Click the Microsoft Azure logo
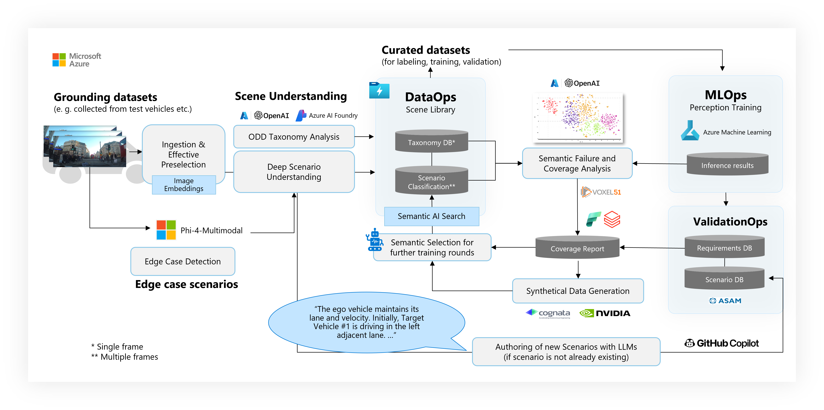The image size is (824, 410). (x=77, y=60)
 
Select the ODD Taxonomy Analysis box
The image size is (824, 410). (x=294, y=137)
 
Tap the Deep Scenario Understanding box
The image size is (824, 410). (x=294, y=172)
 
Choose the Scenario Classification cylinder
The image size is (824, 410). (x=432, y=181)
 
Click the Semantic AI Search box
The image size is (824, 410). (x=432, y=216)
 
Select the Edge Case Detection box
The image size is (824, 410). (x=183, y=262)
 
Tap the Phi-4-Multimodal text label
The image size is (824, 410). (x=211, y=230)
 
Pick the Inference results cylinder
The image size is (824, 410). (x=727, y=164)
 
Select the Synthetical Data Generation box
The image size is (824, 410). (x=578, y=291)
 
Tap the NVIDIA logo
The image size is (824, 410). (x=605, y=313)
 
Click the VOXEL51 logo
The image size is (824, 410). (x=601, y=192)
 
